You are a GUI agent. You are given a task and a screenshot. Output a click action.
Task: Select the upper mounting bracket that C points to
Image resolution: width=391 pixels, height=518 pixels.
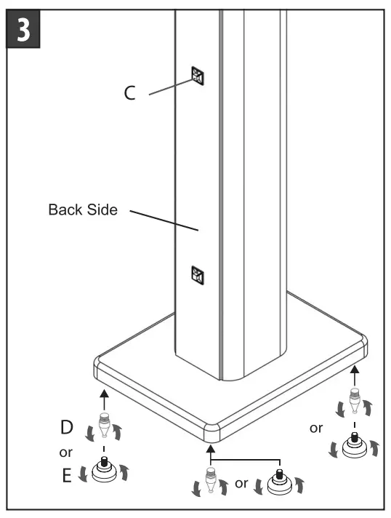[x=198, y=75]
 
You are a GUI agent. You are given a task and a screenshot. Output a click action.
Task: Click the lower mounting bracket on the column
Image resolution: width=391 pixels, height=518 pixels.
[x=197, y=274]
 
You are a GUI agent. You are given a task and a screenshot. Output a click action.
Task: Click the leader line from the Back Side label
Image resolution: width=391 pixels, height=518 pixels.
[x=164, y=220]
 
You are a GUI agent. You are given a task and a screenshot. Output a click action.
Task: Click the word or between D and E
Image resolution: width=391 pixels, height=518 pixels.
[x=65, y=452]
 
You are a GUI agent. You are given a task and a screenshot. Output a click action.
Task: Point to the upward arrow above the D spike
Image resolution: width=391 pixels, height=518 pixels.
[x=104, y=397]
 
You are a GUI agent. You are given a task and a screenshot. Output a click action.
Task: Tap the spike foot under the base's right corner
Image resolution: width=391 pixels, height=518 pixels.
[x=354, y=402]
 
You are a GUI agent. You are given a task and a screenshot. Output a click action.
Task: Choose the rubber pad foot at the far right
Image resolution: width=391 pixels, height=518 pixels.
[x=354, y=445]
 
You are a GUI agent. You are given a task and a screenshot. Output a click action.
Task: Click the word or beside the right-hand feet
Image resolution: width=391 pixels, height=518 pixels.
[x=316, y=428]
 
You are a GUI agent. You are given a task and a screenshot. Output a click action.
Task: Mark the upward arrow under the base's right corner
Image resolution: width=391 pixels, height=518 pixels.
[x=354, y=375]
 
